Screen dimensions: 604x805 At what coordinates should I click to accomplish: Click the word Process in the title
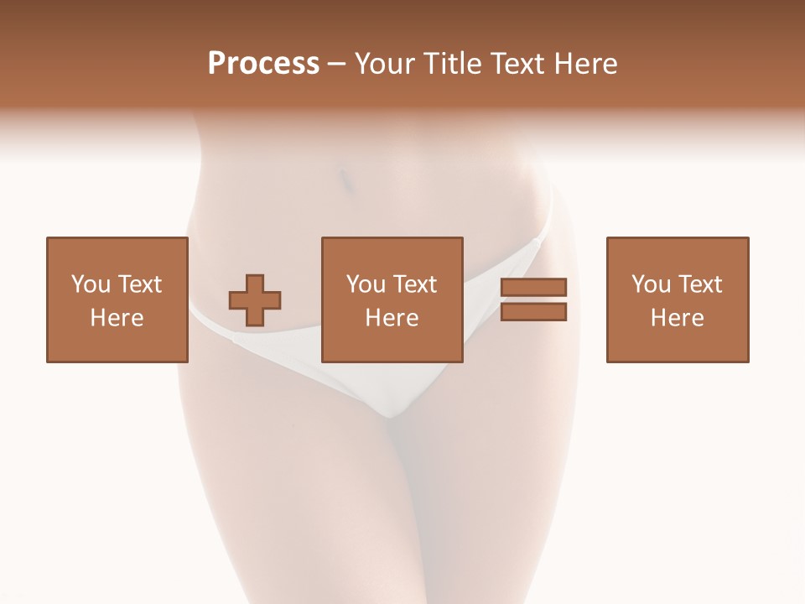pyautogui.click(x=263, y=64)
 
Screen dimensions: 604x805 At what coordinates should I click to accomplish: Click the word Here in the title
pyautogui.click(x=587, y=64)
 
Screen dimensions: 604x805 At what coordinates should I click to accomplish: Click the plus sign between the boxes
pyautogui.click(x=255, y=300)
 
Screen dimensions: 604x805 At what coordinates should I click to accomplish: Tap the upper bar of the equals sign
pyautogui.click(x=533, y=287)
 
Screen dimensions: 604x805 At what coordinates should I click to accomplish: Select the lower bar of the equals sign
pyautogui.click(x=533, y=312)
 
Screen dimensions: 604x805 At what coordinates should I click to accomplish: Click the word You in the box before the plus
pyautogui.click(x=90, y=284)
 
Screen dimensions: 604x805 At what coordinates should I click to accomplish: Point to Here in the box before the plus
pyautogui.click(x=117, y=318)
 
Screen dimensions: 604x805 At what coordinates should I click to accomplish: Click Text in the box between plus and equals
pyautogui.click(x=414, y=284)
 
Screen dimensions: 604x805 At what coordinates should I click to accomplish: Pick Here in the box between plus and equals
pyautogui.click(x=392, y=318)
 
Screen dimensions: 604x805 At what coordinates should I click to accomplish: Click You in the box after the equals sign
pyautogui.click(x=651, y=284)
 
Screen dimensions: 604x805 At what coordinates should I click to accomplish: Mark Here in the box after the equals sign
pyautogui.click(x=678, y=318)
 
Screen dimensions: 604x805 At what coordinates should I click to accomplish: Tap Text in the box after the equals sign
pyautogui.click(x=699, y=284)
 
